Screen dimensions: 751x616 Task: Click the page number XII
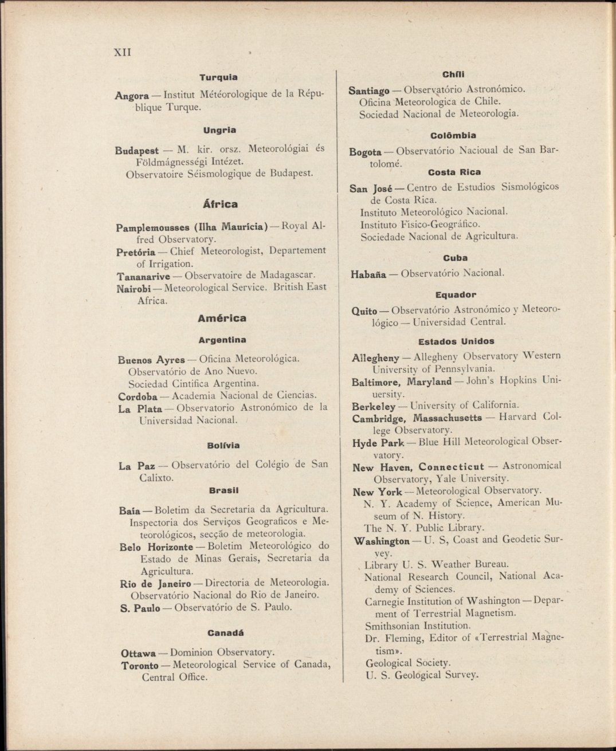(123, 52)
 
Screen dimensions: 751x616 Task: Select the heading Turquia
(218, 77)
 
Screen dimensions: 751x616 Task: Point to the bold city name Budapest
(137, 151)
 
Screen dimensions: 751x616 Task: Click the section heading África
(220, 204)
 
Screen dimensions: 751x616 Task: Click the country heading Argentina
(222, 340)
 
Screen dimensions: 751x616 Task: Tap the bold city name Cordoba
(138, 396)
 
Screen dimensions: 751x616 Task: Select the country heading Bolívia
(223, 445)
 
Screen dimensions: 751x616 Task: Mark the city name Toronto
(140, 666)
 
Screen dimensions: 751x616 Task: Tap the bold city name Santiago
(369, 91)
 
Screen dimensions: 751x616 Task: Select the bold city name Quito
(364, 311)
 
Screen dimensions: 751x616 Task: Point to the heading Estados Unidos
(456, 341)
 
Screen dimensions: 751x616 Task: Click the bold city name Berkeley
(374, 407)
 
